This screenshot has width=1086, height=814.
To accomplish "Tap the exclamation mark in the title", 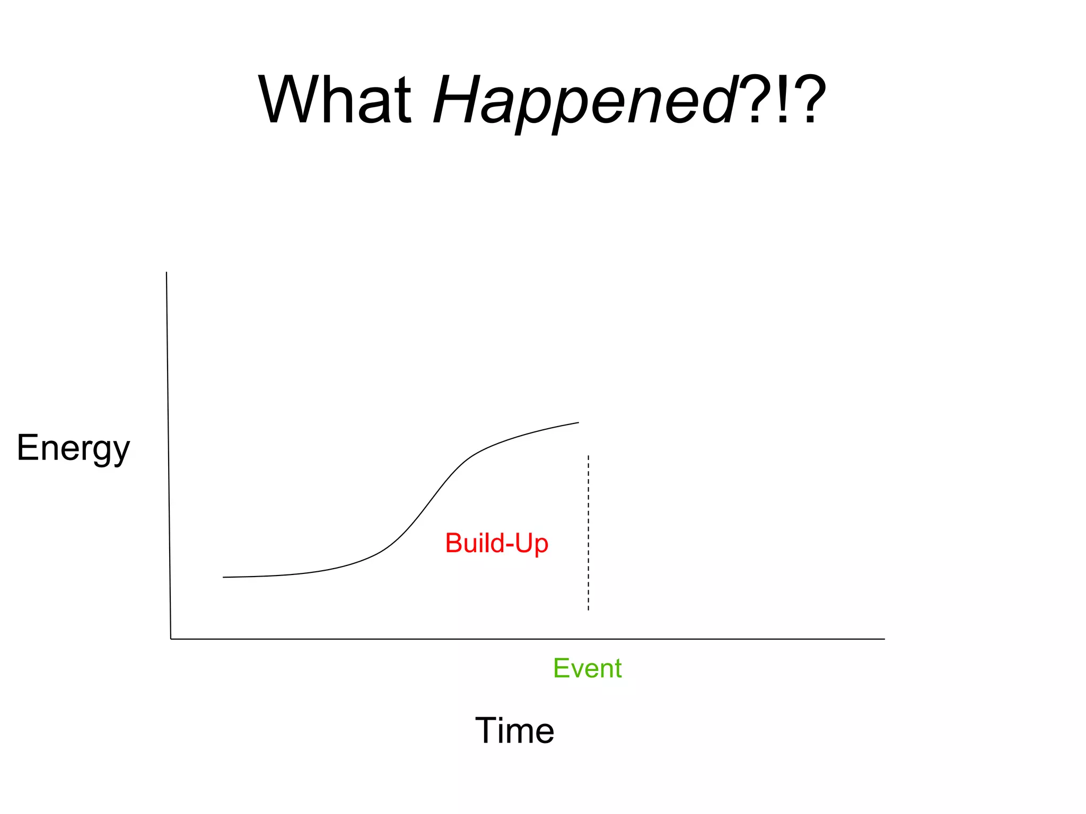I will (782, 100).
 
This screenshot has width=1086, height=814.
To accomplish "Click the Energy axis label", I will (73, 448).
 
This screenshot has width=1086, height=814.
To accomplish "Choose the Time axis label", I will (514, 730).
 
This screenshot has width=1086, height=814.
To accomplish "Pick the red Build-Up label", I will (496, 543).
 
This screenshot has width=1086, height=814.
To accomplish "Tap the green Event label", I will (587, 668).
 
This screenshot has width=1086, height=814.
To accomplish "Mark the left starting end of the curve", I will (224, 577).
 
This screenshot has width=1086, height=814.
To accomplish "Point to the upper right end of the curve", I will (578, 422).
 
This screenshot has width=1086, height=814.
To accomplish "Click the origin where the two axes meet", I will (171, 639).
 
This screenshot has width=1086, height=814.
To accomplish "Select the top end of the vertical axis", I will (167, 273).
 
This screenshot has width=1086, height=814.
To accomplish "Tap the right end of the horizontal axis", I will (884, 639).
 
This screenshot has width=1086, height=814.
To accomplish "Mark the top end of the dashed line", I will (588, 456).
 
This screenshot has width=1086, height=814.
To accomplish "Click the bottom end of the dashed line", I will (588, 610).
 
